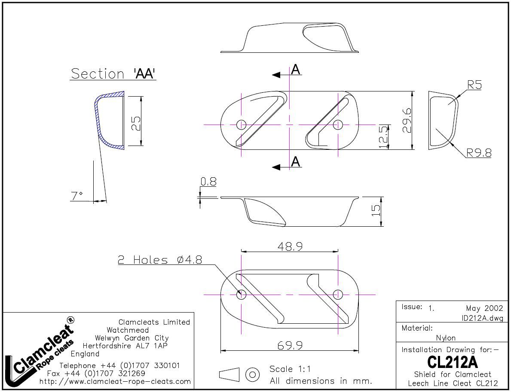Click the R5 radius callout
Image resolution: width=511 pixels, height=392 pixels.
(474, 85)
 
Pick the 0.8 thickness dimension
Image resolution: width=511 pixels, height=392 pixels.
(208, 182)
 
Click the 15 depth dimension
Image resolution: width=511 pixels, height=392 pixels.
(376, 210)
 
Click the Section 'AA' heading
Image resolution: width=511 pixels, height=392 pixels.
(113, 73)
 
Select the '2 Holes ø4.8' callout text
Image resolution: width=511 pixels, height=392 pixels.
(160, 260)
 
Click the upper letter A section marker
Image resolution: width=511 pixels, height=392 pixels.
(295, 69)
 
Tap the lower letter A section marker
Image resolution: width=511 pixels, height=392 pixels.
(295, 161)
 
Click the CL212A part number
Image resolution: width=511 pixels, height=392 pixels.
(453, 362)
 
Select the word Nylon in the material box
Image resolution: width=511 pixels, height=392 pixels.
(446, 338)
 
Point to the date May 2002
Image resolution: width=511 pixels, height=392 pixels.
(484, 308)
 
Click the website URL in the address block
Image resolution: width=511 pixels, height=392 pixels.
(115, 381)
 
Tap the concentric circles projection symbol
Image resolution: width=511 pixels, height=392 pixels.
(252, 374)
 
